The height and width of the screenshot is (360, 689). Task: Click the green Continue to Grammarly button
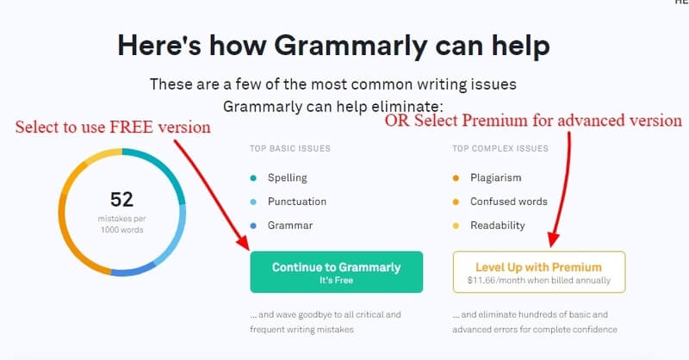(337, 272)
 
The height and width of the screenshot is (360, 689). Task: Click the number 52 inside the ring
(121, 200)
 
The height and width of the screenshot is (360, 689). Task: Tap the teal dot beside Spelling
(253, 178)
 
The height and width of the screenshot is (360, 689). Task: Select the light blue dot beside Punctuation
(253, 202)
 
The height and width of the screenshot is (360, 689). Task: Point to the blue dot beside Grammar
(253, 226)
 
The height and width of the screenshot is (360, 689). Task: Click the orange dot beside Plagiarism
(456, 178)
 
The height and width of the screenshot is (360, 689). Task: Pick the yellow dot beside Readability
(456, 226)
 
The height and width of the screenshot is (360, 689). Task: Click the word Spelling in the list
(288, 178)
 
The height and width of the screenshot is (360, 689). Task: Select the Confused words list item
(509, 202)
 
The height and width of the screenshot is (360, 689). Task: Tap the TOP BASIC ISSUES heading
(290, 149)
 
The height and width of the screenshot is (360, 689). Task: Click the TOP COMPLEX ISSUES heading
(500, 149)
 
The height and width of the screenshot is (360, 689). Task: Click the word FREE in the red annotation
(132, 127)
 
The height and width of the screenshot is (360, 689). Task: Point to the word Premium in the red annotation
(495, 121)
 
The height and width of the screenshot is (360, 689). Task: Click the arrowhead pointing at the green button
(243, 243)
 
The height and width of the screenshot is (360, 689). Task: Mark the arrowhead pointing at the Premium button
(554, 240)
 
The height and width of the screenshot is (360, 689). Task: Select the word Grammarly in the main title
(351, 47)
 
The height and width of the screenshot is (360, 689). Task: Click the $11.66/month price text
(539, 281)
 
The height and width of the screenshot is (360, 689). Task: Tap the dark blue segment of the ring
(133, 270)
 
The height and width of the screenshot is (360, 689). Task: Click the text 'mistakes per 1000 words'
(121, 224)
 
